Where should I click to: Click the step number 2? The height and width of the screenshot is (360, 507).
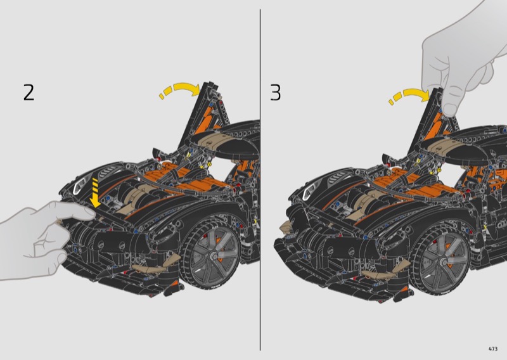coord(29,93)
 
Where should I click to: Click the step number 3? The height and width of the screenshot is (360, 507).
coord(276,93)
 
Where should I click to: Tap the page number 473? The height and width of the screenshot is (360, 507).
coord(493,349)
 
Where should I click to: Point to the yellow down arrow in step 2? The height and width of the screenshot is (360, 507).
coord(96,193)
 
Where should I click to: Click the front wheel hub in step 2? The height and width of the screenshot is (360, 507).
coord(214,255)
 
